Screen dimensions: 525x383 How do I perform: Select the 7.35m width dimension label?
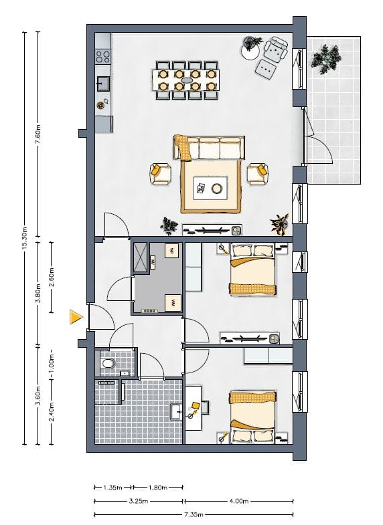point(194,515)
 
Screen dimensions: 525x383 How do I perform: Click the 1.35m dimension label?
point(112,488)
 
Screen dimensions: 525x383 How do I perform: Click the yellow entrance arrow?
point(76,316)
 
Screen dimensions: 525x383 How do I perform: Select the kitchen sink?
point(103,83)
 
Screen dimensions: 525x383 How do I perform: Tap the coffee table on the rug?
point(210,189)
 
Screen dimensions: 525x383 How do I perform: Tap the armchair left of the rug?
point(159,173)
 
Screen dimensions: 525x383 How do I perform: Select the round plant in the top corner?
point(252,45)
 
